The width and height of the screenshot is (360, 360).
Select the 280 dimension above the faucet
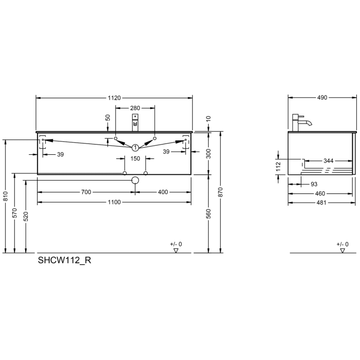(135, 108)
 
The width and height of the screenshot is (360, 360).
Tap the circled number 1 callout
(135, 147)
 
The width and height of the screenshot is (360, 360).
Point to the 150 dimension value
(135, 159)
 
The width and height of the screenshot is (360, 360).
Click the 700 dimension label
(86, 192)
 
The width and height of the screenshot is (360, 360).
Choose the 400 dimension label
(163, 192)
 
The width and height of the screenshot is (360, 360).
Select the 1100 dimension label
(114, 202)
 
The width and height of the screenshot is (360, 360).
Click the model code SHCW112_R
(65, 260)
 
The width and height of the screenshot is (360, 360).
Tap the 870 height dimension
(220, 192)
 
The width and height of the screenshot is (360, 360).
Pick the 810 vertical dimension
(5, 196)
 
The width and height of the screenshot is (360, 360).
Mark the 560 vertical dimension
(209, 214)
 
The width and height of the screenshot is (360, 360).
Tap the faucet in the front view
(135, 123)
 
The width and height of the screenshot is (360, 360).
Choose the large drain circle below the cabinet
(135, 181)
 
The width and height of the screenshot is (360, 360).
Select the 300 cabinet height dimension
(209, 153)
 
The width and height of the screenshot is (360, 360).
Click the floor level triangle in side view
(343, 250)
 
